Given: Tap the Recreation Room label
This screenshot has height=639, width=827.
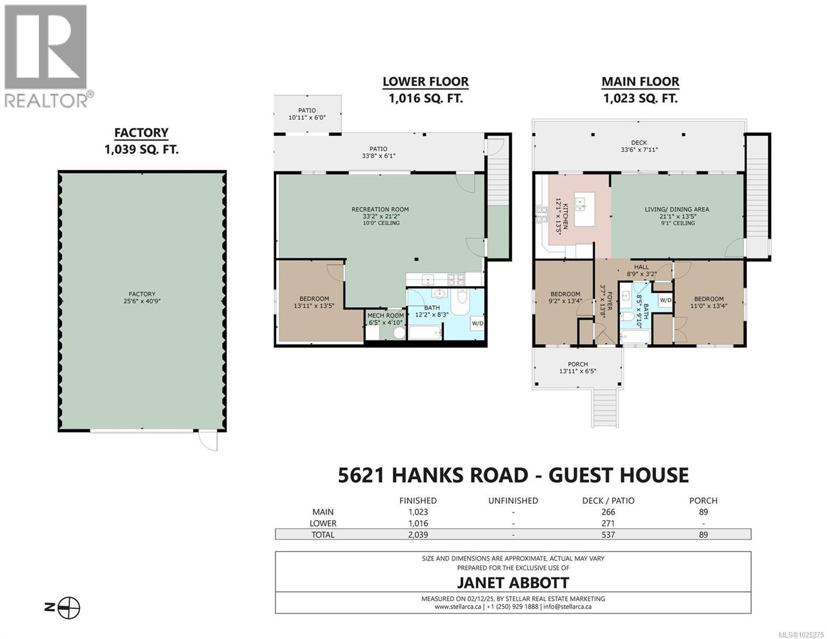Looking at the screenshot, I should pyautogui.click(x=380, y=216).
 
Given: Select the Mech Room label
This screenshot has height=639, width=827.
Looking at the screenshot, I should pyautogui.click(x=385, y=319).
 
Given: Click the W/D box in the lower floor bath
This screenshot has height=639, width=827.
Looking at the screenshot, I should pyautogui.click(x=477, y=323).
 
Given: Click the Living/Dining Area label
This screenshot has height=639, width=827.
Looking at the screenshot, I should pyautogui.click(x=677, y=216).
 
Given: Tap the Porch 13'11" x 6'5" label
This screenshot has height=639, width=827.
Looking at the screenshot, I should pyautogui.click(x=578, y=368).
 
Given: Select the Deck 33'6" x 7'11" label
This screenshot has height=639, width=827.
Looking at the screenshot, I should pyautogui.click(x=639, y=146).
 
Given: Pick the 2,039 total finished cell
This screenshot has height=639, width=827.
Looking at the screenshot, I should pyautogui.click(x=418, y=535).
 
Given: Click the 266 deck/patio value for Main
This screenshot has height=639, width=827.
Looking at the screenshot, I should pyautogui.click(x=607, y=512).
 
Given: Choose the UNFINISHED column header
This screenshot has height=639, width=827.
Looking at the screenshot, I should pyautogui.click(x=513, y=501).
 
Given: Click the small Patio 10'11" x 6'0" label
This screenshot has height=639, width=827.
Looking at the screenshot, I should pyautogui.click(x=306, y=114).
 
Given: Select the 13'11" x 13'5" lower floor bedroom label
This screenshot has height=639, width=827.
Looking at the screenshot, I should pyautogui.click(x=314, y=302).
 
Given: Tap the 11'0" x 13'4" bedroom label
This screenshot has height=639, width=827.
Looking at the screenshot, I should pyautogui.click(x=708, y=302).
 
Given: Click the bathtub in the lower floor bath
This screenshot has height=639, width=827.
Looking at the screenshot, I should pyautogui.click(x=425, y=333).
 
